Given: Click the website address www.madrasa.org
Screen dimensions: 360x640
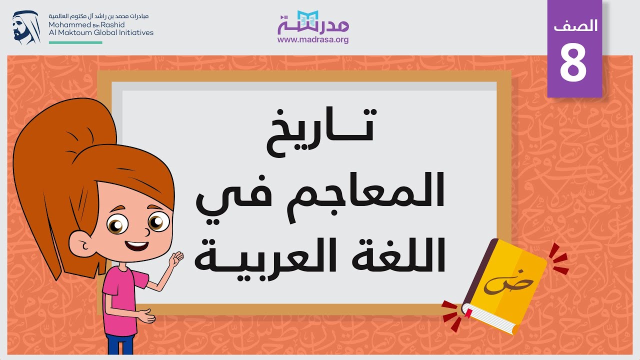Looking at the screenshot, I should pos(312,39).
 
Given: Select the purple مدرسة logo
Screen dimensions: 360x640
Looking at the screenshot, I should pos(313,22).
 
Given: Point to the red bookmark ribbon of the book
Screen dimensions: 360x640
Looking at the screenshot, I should pos(468,314).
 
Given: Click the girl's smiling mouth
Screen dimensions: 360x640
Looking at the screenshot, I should pos(136,245).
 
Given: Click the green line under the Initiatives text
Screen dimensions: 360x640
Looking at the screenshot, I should pos(75,42).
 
